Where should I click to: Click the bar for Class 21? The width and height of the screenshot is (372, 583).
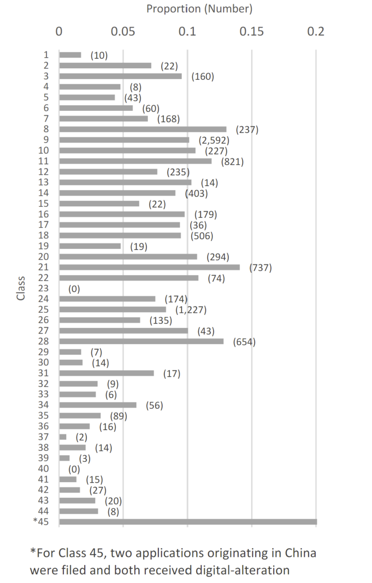[149, 267]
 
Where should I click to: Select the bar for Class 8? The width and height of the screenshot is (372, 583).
[143, 129]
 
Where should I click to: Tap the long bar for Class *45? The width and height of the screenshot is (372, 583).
[188, 522]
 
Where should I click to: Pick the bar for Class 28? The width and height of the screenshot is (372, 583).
[141, 341]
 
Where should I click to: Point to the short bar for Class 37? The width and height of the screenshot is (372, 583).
[62, 437]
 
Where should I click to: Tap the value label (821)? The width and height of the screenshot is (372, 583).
[232, 161]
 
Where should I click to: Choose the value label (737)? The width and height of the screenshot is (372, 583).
[261, 267]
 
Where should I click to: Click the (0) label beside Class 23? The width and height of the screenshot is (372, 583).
[74, 289]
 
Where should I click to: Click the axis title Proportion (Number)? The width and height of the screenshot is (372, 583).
[199, 9]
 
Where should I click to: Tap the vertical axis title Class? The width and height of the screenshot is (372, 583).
[21, 288]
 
